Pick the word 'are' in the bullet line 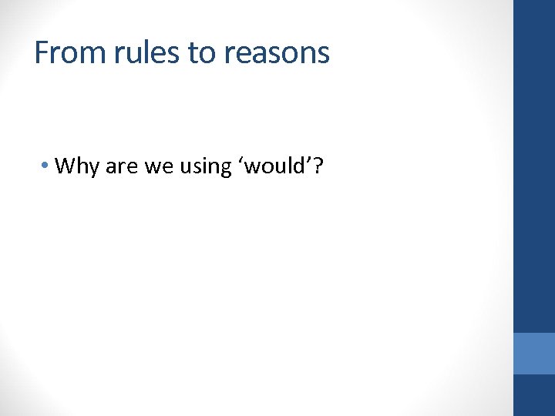pyautogui.click(x=120, y=166)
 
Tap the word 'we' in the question pyautogui.click(x=156, y=166)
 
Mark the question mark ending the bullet pyautogui.click(x=318, y=166)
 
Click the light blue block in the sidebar pyautogui.click(x=534, y=354)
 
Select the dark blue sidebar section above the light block pyautogui.click(x=534, y=166)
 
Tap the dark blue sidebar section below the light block pyautogui.click(x=534, y=395)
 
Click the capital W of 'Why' pyautogui.click(x=66, y=166)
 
